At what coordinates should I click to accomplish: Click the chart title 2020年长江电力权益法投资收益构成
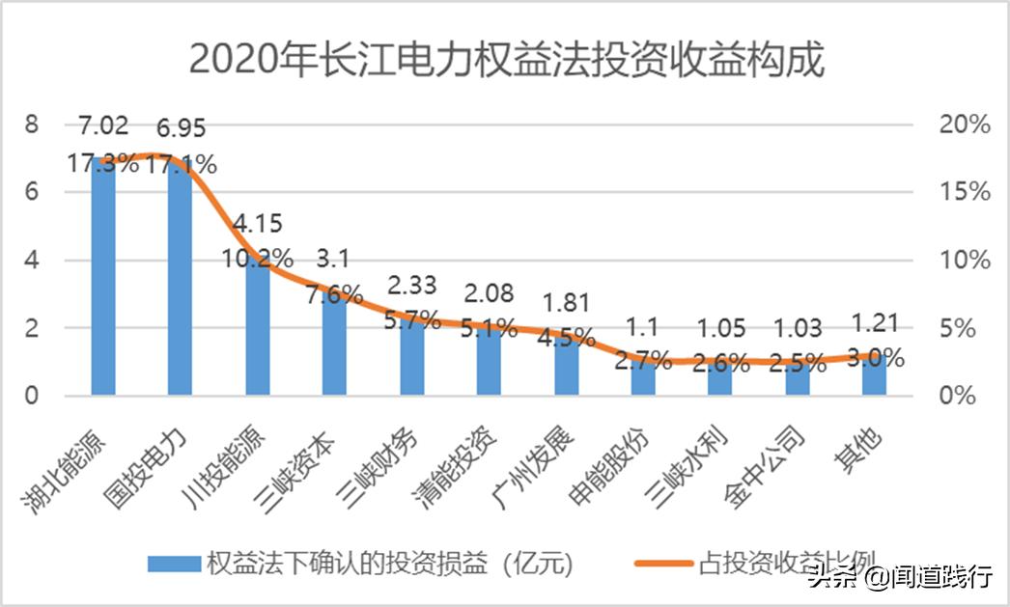[x=506, y=60]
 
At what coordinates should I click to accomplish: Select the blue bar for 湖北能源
[x=103, y=280]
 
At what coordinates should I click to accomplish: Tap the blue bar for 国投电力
[x=181, y=280]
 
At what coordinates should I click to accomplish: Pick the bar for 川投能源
[x=258, y=328]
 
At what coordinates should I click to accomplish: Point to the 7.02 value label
[x=103, y=126]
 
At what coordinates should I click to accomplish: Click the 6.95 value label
[x=181, y=128]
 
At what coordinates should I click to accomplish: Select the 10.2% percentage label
[x=258, y=258]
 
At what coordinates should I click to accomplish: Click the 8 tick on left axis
[x=32, y=124]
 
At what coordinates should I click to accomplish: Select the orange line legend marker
[x=664, y=564]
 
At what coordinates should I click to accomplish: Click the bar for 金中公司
[x=798, y=378]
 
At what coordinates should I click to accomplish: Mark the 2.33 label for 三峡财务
[x=412, y=285]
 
